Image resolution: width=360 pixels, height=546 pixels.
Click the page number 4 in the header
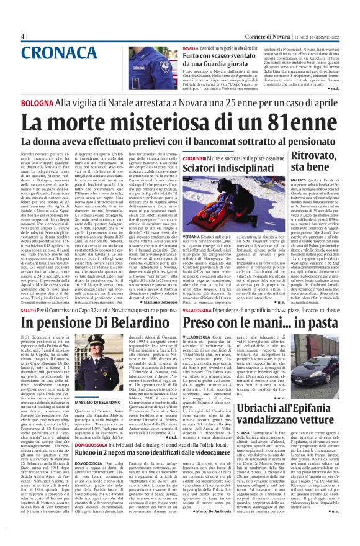[x=22, y=36]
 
